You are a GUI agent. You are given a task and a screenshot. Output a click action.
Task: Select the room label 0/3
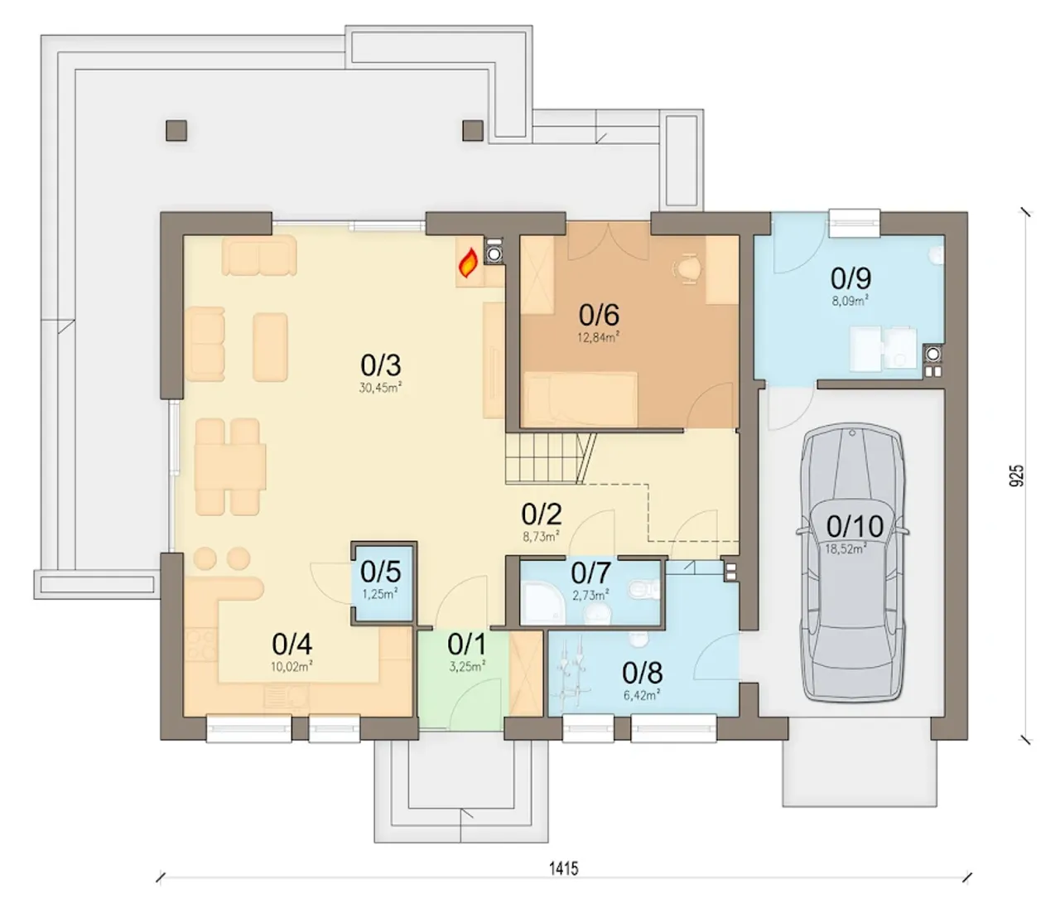380,365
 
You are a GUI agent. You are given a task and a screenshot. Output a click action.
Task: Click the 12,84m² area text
599,337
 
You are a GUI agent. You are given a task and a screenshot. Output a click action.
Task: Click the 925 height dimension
1016,476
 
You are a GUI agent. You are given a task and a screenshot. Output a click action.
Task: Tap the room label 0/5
380,572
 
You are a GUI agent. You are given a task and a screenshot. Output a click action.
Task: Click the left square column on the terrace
176,130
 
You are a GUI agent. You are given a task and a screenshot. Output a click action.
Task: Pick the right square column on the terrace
473,130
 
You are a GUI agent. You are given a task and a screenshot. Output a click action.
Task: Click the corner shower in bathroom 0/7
542,604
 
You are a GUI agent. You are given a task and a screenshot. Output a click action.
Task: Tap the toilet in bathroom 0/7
645,588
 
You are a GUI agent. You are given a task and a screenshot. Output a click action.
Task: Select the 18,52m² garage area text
846,548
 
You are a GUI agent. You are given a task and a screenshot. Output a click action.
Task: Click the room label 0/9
850,278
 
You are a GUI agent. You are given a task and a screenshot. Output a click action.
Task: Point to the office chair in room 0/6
687,268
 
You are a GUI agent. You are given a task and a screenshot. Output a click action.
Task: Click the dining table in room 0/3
230,466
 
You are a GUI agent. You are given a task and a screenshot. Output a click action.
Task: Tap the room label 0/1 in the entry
467,644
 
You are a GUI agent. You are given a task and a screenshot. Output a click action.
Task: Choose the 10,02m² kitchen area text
291,666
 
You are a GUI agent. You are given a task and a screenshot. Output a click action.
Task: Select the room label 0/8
642,673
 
